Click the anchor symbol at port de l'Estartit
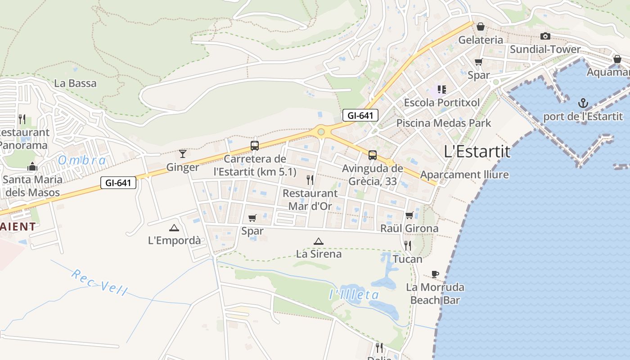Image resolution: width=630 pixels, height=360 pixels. pos(583,103)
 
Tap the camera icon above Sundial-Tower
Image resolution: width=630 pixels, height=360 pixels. pos(545,36)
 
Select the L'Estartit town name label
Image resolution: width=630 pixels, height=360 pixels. pos(477,152)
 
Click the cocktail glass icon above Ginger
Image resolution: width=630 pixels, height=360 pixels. pos(183,154)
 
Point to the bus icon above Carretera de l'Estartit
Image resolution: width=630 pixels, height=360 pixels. pos(255,145)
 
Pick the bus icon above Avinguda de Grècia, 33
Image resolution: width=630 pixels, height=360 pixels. pos(373,155)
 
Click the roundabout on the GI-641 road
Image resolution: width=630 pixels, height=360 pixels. pos(321,132)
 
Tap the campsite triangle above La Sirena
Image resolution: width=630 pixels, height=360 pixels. pos(319,242)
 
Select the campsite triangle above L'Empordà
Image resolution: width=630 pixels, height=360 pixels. pos(174,228)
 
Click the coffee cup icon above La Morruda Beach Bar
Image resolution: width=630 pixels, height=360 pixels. pos(435,274)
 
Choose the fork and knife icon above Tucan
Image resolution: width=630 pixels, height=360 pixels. pos(408,246)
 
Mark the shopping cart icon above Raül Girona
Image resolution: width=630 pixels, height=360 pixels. pos(409,216)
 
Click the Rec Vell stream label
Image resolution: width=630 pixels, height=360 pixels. pos(99,282)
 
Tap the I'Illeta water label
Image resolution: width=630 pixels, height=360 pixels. pos(354,295)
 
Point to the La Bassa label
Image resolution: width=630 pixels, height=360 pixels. pos(75,83)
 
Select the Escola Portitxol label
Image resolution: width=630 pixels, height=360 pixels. pos(441,103)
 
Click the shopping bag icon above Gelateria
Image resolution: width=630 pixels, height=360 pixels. pos(481,27)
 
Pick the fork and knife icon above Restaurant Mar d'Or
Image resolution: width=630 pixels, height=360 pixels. pos(310,180)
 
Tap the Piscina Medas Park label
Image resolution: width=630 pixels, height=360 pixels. pos(443,123)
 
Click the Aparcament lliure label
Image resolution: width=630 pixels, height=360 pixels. pos(464,175)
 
